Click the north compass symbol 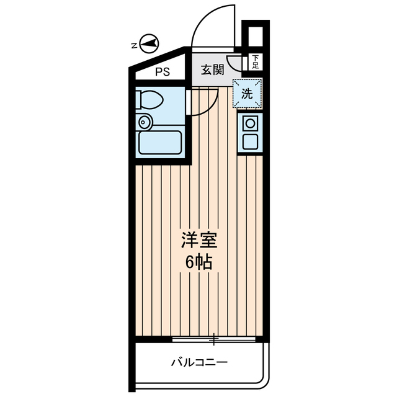(x=149, y=44)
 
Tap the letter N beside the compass (x=133, y=45)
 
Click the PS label (x=162, y=71)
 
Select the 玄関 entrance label (x=212, y=69)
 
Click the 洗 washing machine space (x=247, y=94)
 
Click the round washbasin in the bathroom (x=145, y=122)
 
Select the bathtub (x=160, y=143)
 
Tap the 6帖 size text (x=198, y=262)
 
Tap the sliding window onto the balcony (x=215, y=339)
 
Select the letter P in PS (x=158, y=71)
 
